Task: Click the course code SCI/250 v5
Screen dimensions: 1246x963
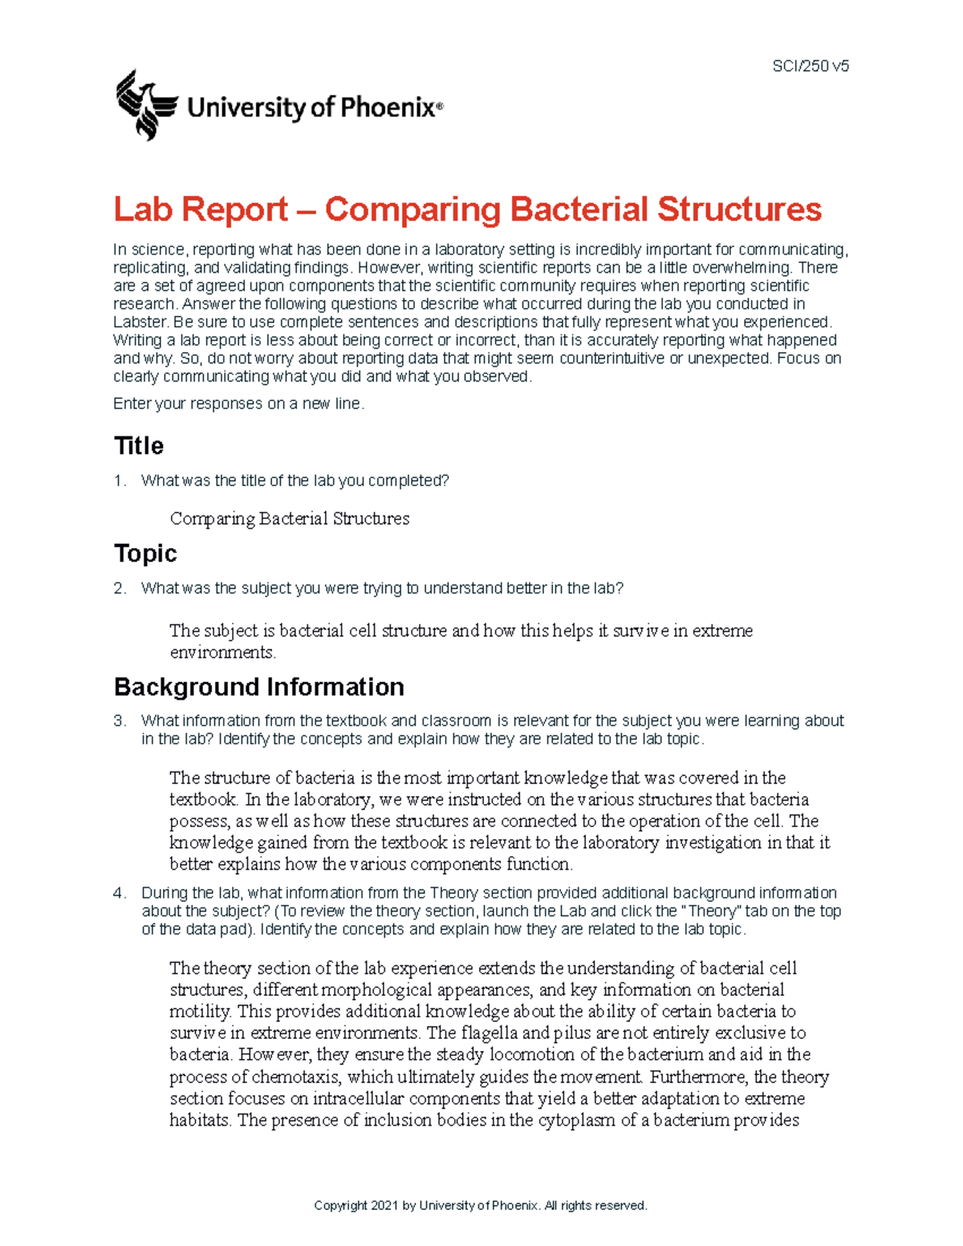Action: coord(810,67)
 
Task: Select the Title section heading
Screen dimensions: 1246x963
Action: coord(139,446)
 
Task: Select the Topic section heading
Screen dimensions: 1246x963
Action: coord(145,554)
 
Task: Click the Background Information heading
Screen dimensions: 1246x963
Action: coord(258,687)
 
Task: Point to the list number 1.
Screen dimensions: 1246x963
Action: coord(119,481)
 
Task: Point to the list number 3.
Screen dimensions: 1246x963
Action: coord(119,720)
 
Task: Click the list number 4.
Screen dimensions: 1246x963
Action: coord(119,893)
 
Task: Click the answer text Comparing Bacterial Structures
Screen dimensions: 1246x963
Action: coord(289,519)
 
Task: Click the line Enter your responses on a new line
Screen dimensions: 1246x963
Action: coord(238,404)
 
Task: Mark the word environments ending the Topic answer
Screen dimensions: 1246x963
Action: coord(221,653)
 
